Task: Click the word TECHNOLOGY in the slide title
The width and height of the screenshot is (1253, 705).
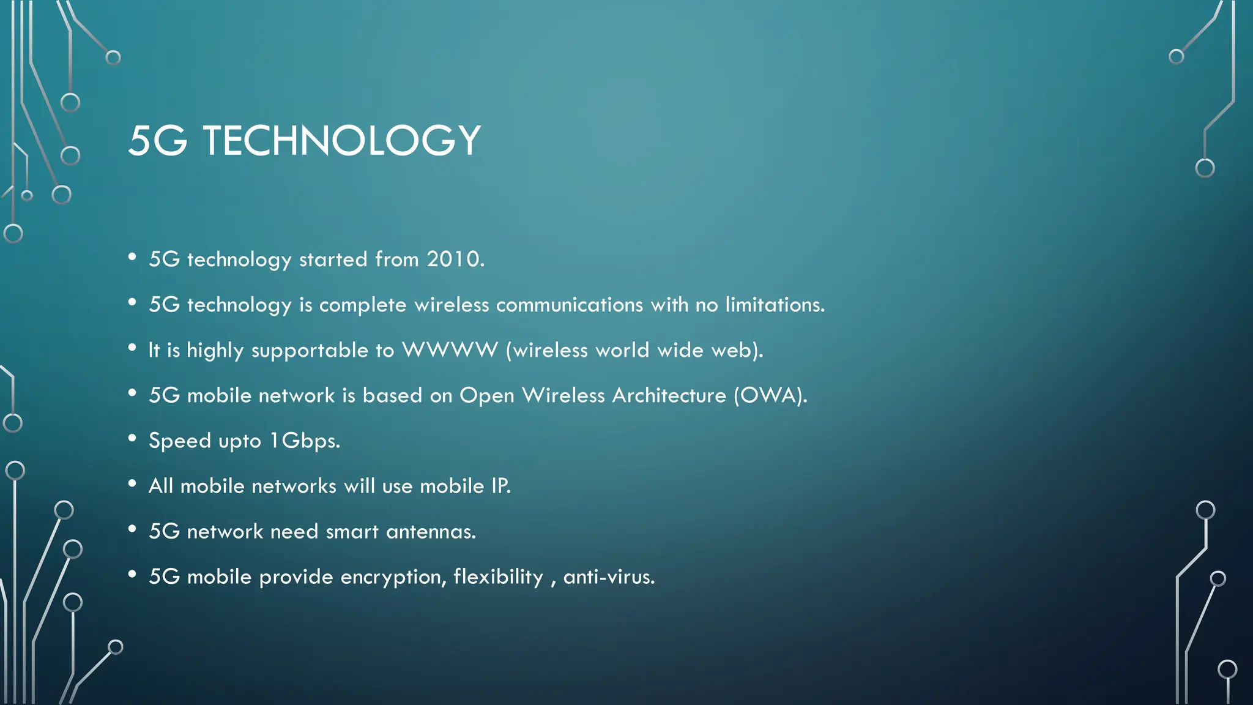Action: [x=341, y=140]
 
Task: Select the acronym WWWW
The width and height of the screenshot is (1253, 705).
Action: [x=450, y=349]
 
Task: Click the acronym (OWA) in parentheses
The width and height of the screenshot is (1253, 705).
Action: [x=770, y=395]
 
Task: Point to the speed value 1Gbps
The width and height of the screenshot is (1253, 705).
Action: [x=304, y=440]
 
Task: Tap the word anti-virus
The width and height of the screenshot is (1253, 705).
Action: [x=608, y=576]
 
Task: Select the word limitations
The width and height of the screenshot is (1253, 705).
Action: [x=775, y=304]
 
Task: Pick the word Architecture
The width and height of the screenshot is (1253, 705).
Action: [x=669, y=395]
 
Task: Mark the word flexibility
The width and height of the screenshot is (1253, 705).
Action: [x=498, y=576]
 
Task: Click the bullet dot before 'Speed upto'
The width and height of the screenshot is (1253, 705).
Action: [x=132, y=438]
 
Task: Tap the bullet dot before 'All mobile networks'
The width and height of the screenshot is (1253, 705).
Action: [x=132, y=483]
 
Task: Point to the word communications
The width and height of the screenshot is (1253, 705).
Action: [x=569, y=304]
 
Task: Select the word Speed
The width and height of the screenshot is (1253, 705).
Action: [x=180, y=441]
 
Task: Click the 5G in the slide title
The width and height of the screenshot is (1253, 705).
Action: [x=158, y=140]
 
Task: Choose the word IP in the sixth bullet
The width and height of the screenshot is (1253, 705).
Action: [x=500, y=486]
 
